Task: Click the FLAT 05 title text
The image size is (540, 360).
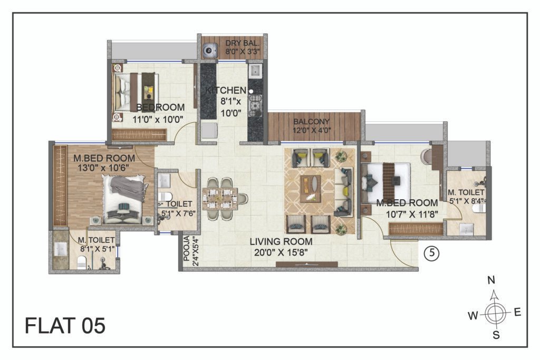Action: [65, 326]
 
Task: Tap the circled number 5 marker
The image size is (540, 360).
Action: [431, 254]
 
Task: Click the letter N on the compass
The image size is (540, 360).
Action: [491, 280]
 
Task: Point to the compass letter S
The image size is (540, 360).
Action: [496, 335]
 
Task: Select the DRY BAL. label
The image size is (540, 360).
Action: [243, 43]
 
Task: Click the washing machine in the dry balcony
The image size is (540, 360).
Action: [209, 50]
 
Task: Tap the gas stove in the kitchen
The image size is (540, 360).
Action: [255, 104]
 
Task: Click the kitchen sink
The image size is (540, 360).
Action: [256, 71]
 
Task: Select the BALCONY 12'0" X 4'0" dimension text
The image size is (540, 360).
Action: [312, 126]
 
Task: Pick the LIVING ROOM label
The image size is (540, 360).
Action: [281, 241]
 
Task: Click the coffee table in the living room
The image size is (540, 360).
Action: [310, 189]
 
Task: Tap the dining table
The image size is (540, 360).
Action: [220, 199]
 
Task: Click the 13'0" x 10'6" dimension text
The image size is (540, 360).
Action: [103, 168]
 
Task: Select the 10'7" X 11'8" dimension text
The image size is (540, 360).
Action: [412, 215]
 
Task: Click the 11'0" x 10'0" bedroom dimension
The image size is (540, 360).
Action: [158, 120]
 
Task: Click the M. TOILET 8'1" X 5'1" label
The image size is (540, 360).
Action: [97, 244]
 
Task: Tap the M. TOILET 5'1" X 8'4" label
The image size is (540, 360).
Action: [466, 197]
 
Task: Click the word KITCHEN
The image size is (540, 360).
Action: [226, 91]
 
